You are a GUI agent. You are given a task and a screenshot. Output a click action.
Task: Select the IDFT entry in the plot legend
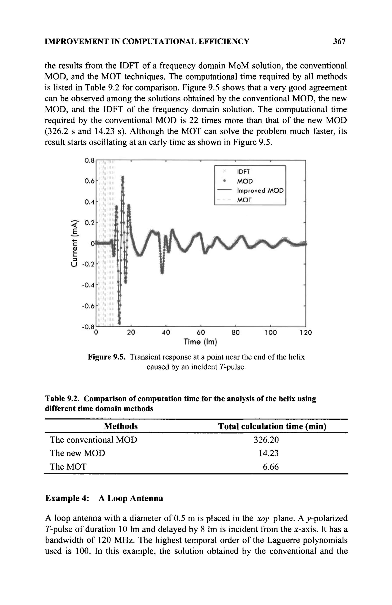coord(243,172)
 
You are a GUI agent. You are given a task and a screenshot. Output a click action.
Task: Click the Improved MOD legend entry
coord(260,191)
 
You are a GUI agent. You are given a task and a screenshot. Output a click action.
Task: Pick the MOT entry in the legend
coord(244,200)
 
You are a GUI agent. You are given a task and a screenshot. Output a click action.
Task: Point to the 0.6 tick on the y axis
coord(89,181)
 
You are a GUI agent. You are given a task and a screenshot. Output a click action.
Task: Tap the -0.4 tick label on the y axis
coord(88,285)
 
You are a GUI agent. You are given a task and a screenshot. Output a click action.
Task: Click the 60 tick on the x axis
coord(201,332)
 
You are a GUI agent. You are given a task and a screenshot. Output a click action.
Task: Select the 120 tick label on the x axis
coord(305,332)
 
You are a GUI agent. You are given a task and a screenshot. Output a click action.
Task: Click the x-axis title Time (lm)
coord(200,342)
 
